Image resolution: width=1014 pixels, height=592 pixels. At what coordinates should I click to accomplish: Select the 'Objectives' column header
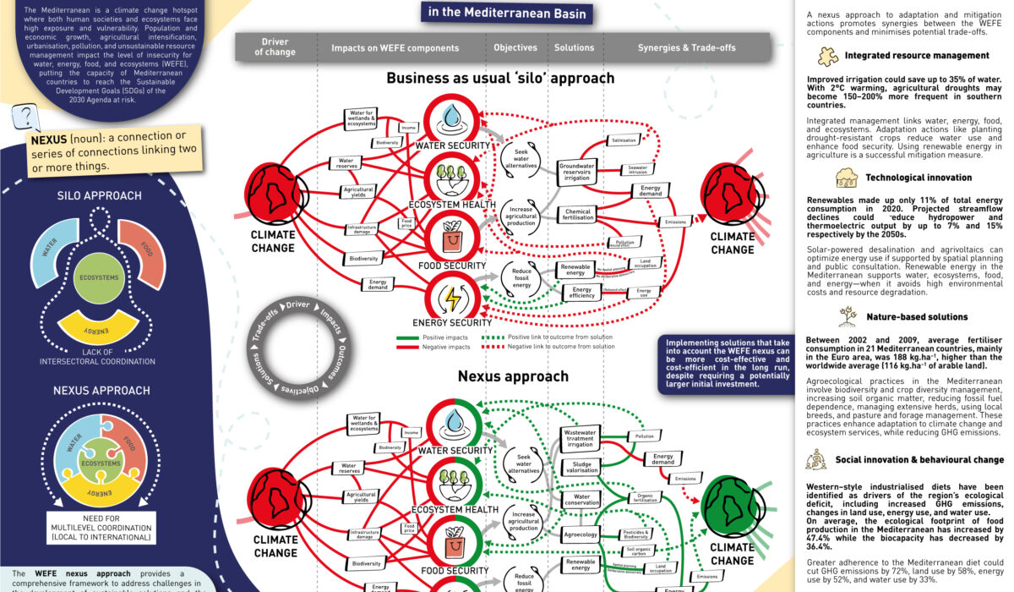515,47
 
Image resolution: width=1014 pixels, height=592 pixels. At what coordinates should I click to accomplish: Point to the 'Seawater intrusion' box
636,170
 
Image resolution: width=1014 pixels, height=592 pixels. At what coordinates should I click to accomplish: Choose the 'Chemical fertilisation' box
578,216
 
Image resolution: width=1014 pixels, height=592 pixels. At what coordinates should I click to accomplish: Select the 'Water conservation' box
581,501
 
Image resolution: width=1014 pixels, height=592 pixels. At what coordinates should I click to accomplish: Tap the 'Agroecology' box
580,534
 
